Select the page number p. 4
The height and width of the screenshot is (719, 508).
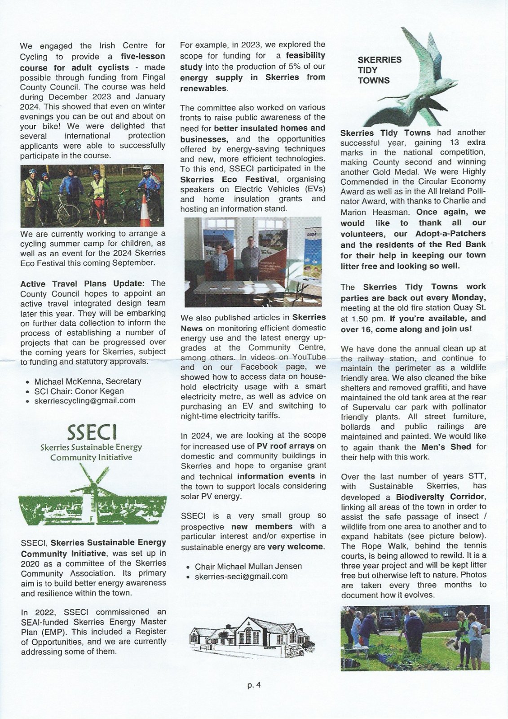click(x=254, y=685)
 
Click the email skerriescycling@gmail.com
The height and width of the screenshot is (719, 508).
click(x=84, y=400)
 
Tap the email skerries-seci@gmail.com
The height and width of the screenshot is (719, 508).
click(x=241, y=576)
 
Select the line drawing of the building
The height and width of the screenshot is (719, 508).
click(x=251, y=636)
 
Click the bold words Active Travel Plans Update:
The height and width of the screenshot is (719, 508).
click(x=82, y=284)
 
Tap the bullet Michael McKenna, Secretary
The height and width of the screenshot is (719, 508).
click(x=88, y=381)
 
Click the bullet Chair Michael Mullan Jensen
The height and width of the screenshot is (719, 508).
click(x=248, y=566)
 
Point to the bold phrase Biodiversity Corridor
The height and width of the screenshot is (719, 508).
click(x=440, y=497)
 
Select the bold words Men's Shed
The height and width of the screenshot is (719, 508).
click(x=446, y=447)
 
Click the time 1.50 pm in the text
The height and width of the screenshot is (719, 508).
click(x=362, y=318)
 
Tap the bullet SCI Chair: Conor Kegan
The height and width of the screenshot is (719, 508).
click(x=79, y=391)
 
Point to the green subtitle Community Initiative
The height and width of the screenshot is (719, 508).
click(x=91, y=457)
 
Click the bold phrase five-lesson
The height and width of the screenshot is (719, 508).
click(x=143, y=57)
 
